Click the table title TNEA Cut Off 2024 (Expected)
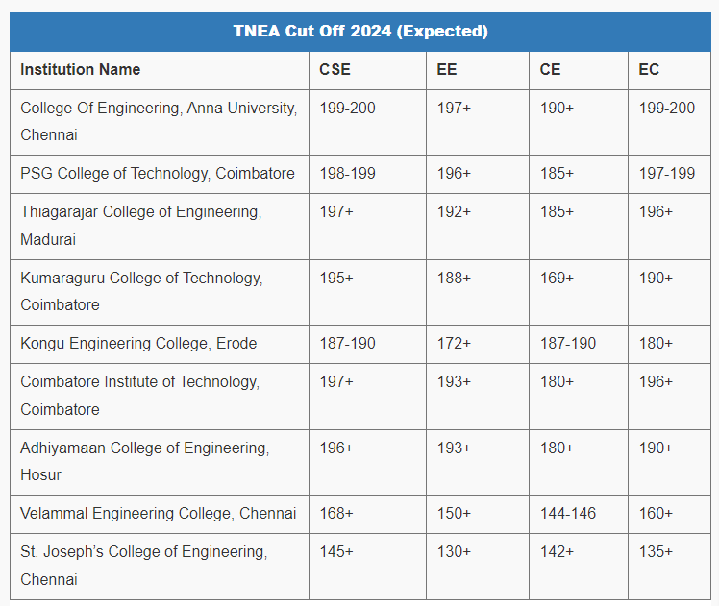pyautogui.click(x=359, y=31)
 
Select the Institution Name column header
pyautogui.click(x=80, y=70)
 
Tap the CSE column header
pyautogui.click(x=335, y=70)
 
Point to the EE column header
pyautogui.click(x=447, y=70)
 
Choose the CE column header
pyautogui.click(x=550, y=70)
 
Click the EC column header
pyautogui.click(x=649, y=70)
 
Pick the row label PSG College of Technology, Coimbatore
pyautogui.click(x=158, y=174)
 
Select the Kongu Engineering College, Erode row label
pyautogui.click(x=138, y=343)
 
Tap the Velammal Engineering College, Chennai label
pyautogui.click(x=158, y=514)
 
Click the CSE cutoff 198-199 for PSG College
pyautogui.click(x=347, y=174)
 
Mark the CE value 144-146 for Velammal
pyautogui.click(x=568, y=514)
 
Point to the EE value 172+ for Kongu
pyautogui.click(x=454, y=343)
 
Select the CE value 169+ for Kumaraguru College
pyautogui.click(x=557, y=278)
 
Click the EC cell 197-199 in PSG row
pyautogui.click(x=667, y=174)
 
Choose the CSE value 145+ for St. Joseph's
pyautogui.click(x=336, y=552)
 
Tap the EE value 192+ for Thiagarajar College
pyautogui.click(x=454, y=211)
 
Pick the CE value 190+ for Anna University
pyautogui.click(x=557, y=109)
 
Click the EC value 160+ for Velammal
pyautogui.click(x=656, y=514)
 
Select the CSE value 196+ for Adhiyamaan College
pyautogui.click(x=336, y=448)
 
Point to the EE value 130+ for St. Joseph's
pyautogui.click(x=454, y=552)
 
